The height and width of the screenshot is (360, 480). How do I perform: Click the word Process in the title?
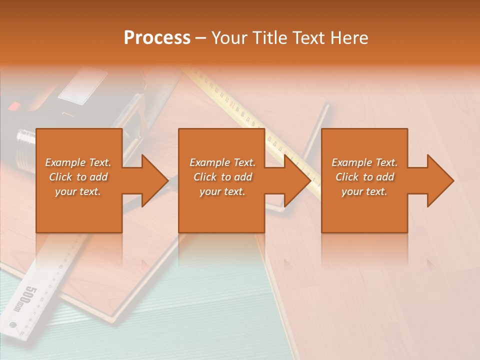(157, 38)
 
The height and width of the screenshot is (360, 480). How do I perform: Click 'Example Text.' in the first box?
(78, 162)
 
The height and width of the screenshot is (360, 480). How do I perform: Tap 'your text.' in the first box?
(78, 191)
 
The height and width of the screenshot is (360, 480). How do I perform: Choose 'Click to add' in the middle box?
(222, 177)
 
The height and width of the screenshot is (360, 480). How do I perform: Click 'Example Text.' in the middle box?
(222, 162)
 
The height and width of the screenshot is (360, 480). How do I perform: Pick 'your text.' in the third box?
(364, 191)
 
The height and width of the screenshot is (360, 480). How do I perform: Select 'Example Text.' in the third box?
(364, 162)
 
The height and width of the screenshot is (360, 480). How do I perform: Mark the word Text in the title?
(309, 38)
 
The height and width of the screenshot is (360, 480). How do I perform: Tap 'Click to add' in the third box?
(364, 177)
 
